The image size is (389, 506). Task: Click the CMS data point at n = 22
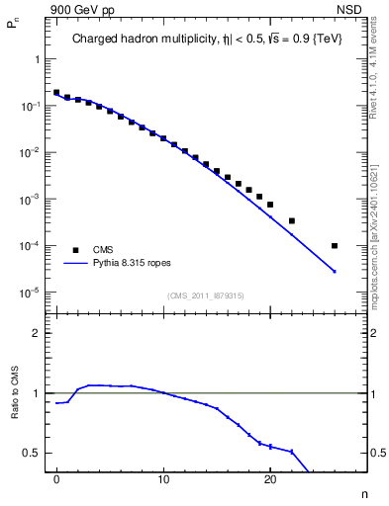pos(291,220)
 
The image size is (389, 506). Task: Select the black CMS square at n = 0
pos(56,93)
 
